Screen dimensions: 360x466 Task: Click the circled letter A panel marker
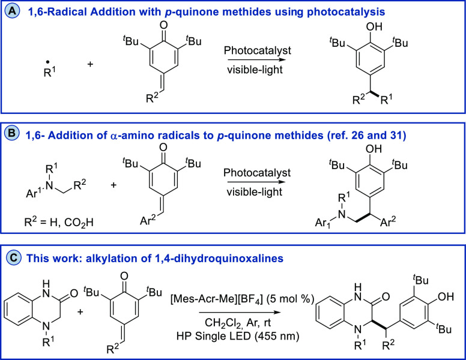(14, 11)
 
